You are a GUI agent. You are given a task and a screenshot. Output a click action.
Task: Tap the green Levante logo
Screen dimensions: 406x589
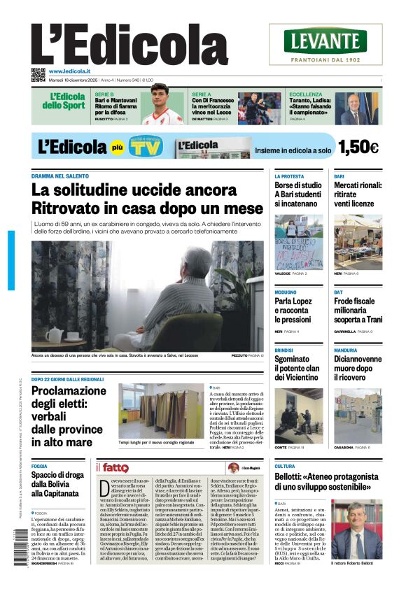point(325,41)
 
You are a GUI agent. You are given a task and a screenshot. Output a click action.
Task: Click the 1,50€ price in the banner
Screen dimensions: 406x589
point(358,148)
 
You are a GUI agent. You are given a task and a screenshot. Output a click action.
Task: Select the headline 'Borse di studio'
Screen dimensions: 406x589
point(298,185)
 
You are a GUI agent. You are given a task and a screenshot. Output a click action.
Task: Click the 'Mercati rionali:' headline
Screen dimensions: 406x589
point(358,185)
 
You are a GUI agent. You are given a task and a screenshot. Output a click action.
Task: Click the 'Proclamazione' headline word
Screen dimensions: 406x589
point(69,390)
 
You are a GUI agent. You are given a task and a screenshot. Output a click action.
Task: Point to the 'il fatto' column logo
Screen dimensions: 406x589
point(112,467)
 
